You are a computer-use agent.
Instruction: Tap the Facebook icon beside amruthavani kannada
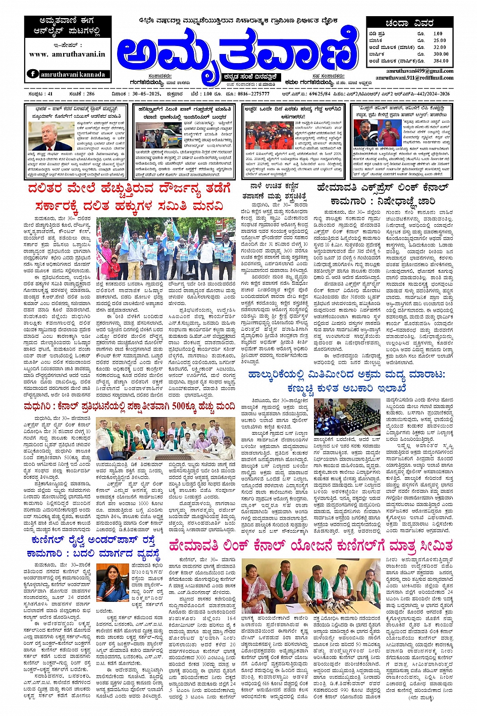33,74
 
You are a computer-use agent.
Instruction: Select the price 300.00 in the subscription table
440,54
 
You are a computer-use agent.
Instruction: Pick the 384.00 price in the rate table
440,61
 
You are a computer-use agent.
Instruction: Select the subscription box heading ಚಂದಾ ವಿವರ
409,23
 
